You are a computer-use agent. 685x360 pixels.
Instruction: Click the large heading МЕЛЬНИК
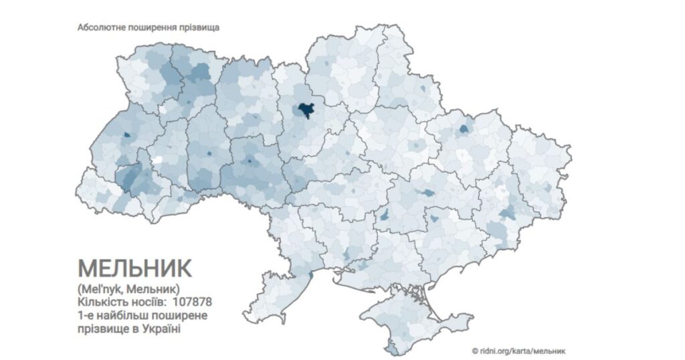tap(134, 268)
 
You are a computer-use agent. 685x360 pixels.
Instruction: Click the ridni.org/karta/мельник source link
tap(522, 350)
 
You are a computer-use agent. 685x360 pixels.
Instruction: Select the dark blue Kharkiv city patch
tap(464, 130)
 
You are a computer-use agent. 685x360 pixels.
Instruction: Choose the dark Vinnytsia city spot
tap(250, 161)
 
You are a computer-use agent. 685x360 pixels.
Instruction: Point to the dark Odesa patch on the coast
tap(309, 271)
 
